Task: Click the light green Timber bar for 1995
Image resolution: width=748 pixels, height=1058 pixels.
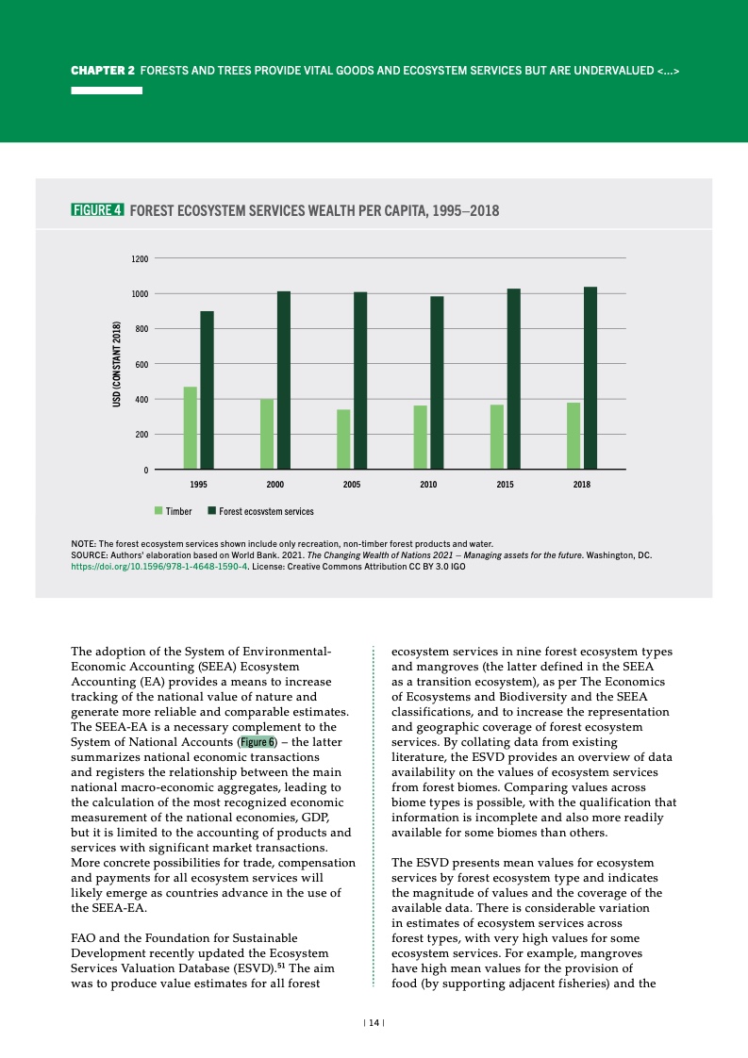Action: pyautogui.click(x=191, y=427)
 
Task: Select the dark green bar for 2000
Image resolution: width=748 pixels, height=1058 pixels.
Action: pyautogui.click(x=283, y=379)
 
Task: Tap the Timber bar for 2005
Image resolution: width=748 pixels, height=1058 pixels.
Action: pyautogui.click(x=343, y=438)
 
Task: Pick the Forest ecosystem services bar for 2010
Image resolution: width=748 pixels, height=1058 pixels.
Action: pyautogui.click(x=437, y=382)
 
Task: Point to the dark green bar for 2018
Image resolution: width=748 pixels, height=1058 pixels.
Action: pyautogui.click(x=590, y=377)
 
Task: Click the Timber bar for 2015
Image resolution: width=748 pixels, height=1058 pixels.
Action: pyautogui.click(x=497, y=436)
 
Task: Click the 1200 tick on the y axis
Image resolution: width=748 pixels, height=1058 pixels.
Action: pyautogui.click(x=139, y=258)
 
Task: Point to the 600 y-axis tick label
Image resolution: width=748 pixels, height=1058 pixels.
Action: pyautogui.click(x=141, y=364)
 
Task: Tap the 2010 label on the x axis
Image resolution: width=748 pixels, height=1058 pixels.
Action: pyautogui.click(x=428, y=484)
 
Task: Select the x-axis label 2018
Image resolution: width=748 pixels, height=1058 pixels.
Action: pyautogui.click(x=582, y=484)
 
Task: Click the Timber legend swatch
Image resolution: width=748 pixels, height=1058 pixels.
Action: pyautogui.click(x=159, y=511)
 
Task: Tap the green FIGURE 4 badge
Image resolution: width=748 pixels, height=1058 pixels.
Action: pyautogui.click(x=97, y=210)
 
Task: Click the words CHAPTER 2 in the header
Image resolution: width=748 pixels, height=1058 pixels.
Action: pyautogui.click(x=104, y=71)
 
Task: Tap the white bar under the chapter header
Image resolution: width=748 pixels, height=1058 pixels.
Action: pyautogui.click(x=107, y=91)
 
